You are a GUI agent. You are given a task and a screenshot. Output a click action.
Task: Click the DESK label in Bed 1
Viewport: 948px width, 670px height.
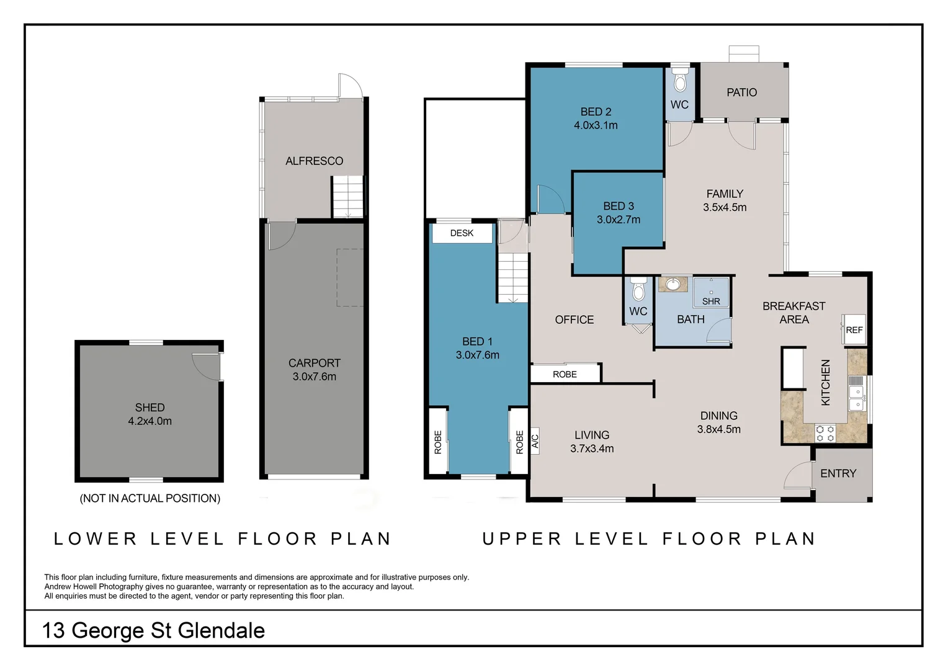[462, 233]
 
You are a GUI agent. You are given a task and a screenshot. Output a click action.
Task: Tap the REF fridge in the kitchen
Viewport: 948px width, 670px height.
[854, 330]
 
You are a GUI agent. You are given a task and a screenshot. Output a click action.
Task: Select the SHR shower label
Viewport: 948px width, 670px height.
[711, 301]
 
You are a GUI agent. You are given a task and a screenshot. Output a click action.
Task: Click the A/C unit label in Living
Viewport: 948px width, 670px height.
[535, 441]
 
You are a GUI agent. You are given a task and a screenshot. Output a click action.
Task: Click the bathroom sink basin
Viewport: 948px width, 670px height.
[673, 285]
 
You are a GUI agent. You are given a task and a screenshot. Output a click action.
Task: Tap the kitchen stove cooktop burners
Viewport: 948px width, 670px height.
[825, 433]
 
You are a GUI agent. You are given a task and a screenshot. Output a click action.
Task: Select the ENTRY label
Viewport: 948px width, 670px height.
[838, 473]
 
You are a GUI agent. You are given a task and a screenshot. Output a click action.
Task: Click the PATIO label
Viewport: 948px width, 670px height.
[741, 92]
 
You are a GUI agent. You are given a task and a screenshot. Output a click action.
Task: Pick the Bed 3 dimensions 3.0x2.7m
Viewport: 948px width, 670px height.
[618, 220]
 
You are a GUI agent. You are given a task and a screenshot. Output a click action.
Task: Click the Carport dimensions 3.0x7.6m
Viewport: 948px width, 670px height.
[314, 377]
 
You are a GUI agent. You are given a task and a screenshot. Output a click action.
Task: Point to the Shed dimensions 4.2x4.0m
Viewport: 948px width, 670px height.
[150, 421]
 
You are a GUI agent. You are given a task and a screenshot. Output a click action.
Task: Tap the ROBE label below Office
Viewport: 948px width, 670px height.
[565, 374]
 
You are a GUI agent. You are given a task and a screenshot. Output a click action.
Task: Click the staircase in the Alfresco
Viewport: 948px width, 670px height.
[348, 197]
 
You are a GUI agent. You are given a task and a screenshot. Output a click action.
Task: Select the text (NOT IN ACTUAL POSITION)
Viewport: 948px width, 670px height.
[150, 498]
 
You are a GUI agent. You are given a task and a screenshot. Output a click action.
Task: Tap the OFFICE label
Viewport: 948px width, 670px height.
[574, 319]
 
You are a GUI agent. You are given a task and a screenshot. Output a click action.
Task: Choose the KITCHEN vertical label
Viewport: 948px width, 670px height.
[825, 383]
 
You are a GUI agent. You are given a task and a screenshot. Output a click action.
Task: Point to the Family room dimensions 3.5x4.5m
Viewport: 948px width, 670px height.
[724, 208]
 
